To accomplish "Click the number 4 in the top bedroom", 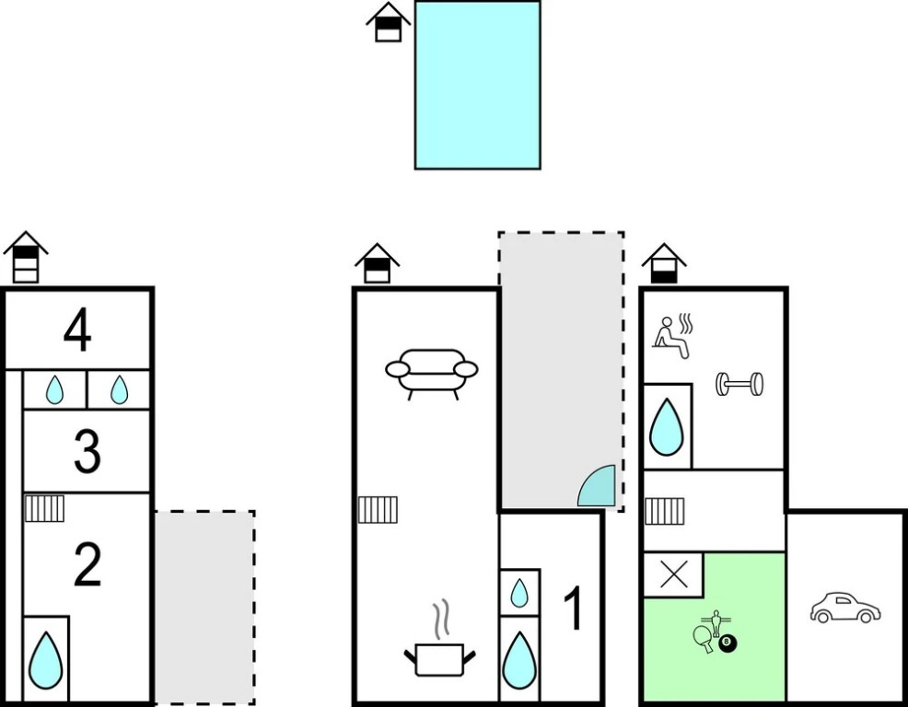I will click(77, 331).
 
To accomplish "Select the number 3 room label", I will click(87, 452).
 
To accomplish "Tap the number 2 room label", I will click(87, 565).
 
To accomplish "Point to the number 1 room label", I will click(573, 609).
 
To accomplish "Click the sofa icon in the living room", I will click(432, 373).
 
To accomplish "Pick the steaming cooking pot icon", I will click(440, 644).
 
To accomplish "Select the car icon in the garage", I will click(844, 608).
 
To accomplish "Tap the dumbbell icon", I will click(739, 384).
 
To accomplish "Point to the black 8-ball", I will click(728, 643).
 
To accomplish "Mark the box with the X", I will click(673, 575).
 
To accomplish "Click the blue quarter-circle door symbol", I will click(598, 487).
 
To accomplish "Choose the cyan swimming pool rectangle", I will click(477, 85).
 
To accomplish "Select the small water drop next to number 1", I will click(519, 593).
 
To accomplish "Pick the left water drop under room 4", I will click(55, 390).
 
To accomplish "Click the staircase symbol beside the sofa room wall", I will click(378, 509).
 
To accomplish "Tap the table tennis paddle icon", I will click(704, 639).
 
